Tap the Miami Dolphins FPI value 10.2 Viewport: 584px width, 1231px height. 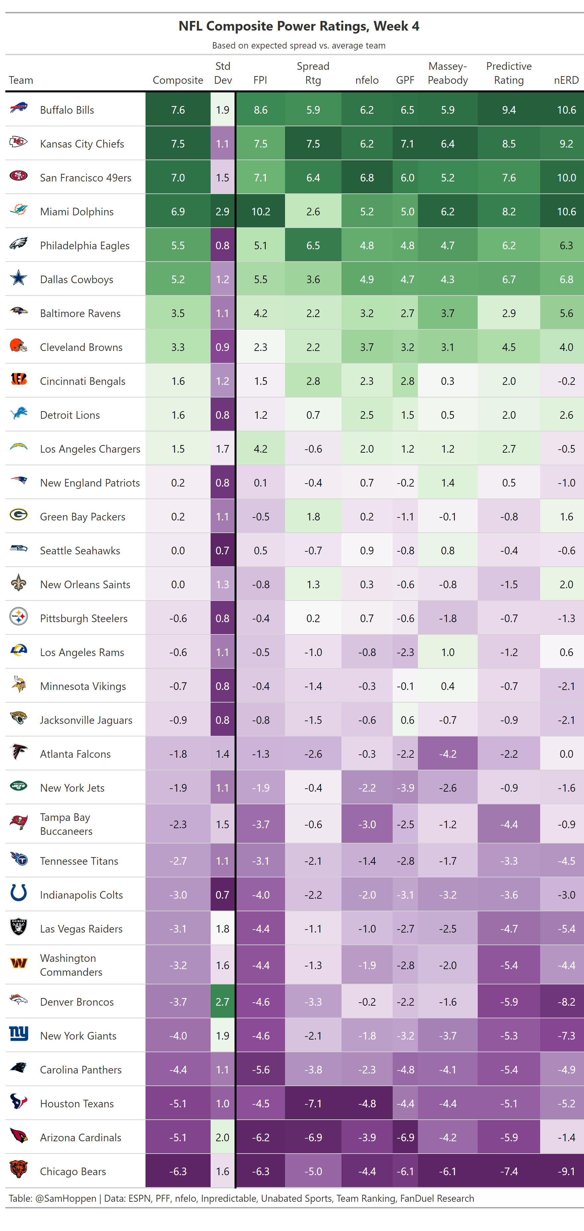tap(261, 211)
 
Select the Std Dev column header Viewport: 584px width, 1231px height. tap(223, 73)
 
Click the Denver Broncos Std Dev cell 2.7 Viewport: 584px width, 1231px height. tap(223, 1002)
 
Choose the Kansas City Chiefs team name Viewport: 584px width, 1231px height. tap(82, 144)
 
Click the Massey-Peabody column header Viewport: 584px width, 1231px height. tap(447, 73)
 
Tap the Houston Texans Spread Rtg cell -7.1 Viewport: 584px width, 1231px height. tap(313, 1103)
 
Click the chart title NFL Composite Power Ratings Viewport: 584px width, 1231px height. tap(298, 26)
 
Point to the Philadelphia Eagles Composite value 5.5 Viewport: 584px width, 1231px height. tap(178, 245)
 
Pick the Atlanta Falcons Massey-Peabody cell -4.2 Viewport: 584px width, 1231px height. tap(447, 754)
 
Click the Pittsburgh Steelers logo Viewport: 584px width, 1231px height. tap(19, 617)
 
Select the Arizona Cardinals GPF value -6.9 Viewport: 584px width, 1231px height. tap(405, 1137)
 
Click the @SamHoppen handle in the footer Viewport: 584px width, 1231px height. tap(65, 1198)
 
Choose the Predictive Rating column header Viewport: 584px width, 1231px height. tap(509, 73)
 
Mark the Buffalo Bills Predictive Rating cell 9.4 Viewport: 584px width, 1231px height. tap(509, 110)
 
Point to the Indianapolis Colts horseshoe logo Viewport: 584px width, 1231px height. tap(19, 893)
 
